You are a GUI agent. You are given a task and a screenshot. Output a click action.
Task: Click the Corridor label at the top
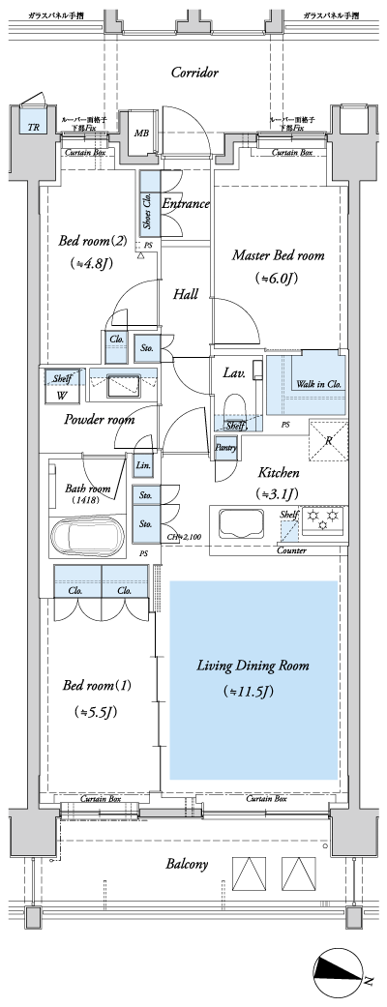click(194, 73)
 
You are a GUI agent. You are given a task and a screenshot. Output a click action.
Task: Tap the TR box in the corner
click(34, 127)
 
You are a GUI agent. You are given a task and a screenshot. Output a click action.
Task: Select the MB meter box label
click(141, 133)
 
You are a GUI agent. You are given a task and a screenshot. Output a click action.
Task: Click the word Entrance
click(186, 203)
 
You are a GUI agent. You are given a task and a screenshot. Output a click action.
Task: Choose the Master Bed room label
click(278, 256)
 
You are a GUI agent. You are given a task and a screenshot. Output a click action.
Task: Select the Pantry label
click(225, 447)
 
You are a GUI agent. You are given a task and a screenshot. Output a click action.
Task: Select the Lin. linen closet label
click(142, 467)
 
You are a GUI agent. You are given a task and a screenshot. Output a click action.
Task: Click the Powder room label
click(100, 420)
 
